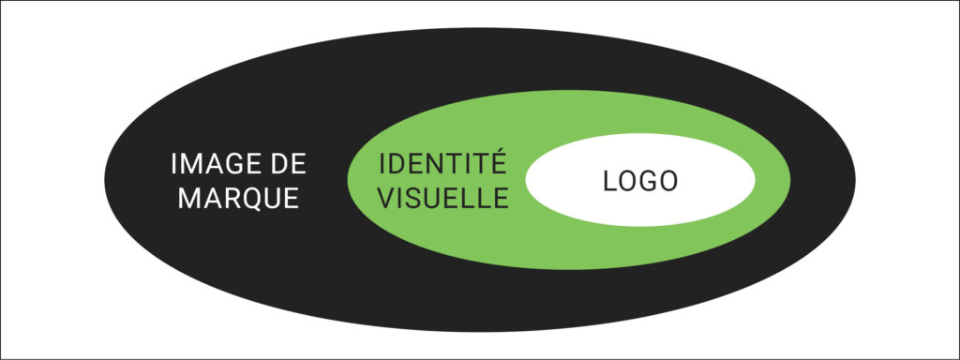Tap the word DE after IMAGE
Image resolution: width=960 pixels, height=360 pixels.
(286, 165)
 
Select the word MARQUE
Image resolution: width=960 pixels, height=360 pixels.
(238, 199)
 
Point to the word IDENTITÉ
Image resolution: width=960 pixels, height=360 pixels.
(442, 165)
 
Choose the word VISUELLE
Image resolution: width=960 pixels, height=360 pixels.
(442, 198)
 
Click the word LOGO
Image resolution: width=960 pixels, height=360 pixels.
(639, 182)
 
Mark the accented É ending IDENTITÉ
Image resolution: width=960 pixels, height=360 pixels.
(497, 163)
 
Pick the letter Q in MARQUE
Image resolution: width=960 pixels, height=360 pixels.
(251, 200)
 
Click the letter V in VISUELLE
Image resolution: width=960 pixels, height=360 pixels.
(385, 198)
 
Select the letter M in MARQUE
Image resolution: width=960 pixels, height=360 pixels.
(188, 199)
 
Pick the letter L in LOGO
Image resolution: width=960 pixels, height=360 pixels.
(608, 182)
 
